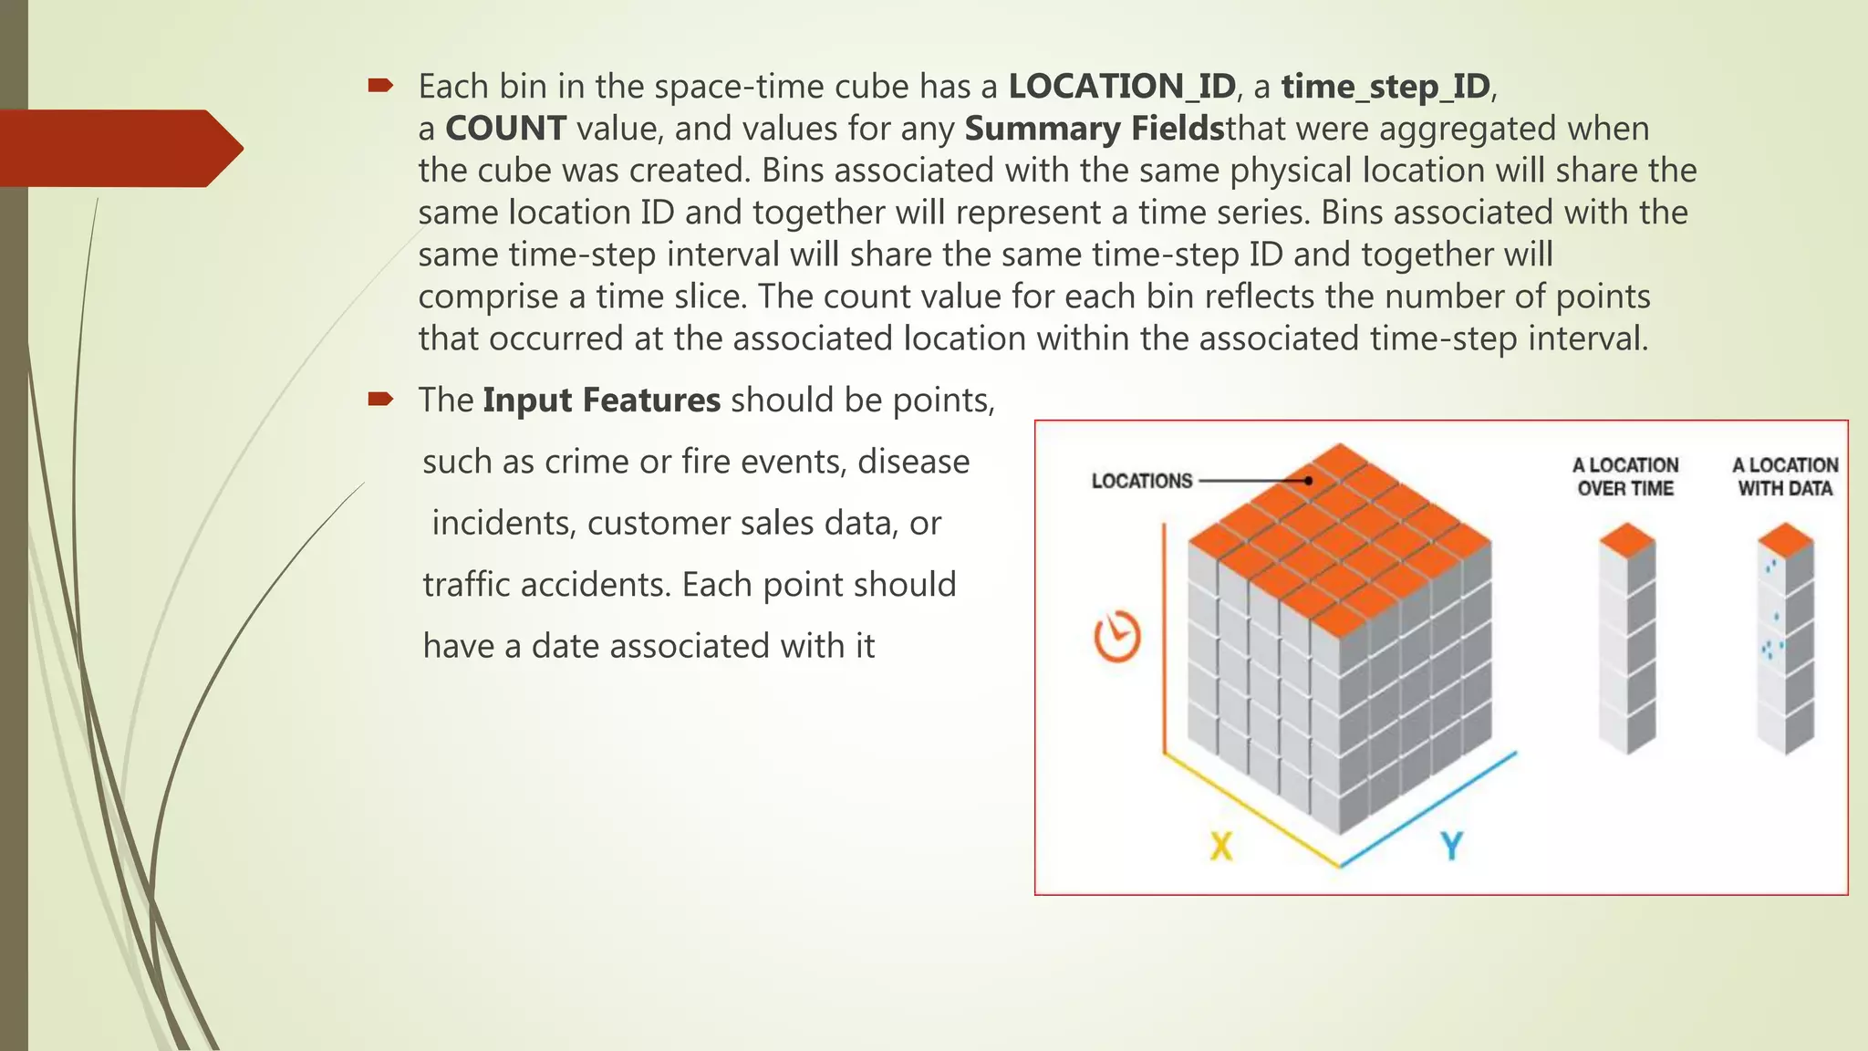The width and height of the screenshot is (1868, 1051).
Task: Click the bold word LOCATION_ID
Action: pyautogui.click(x=1122, y=87)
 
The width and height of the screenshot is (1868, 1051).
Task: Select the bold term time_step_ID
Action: pyautogui.click(x=1385, y=87)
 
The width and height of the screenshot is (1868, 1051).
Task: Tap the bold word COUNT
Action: pyautogui.click(x=505, y=129)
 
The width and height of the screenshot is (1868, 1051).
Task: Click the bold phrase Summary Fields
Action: pyautogui.click(x=1094, y=129)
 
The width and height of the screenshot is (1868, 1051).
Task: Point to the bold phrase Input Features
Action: pyautogui.click(x=601, y=401)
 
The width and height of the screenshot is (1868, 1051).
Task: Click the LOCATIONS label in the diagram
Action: pyautogui.click(x=1142, y=481)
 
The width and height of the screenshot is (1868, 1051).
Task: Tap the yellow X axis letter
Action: pyautogui.click(x=1220, y=846)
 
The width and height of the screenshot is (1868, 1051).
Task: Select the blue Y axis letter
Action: pyautogui.click(x=1452, y=846)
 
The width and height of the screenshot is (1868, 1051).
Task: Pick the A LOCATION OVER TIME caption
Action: pyautogui.click(x=1625, y=477)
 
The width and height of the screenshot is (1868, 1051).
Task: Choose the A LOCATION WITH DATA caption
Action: pyautogui.click(x=1785, y=477)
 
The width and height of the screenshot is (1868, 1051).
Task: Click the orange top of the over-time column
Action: pyautogui.click(x=1627, y=539)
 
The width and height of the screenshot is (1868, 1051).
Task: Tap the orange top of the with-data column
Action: pyautogui.click(x=1785, y=539)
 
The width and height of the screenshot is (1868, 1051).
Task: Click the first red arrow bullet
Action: pyautogui.click(x=380, y=86)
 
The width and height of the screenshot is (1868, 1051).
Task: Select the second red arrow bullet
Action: pyautogui.click(x=380, y=399)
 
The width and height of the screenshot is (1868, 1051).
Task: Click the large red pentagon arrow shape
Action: pyautogui.click(x=119, y=148)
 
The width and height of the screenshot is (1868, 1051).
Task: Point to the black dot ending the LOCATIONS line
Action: pyautogui.click(x=1308, y=480)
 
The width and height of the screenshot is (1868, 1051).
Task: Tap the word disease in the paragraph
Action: pyautogui.click(x=913, y=462)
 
